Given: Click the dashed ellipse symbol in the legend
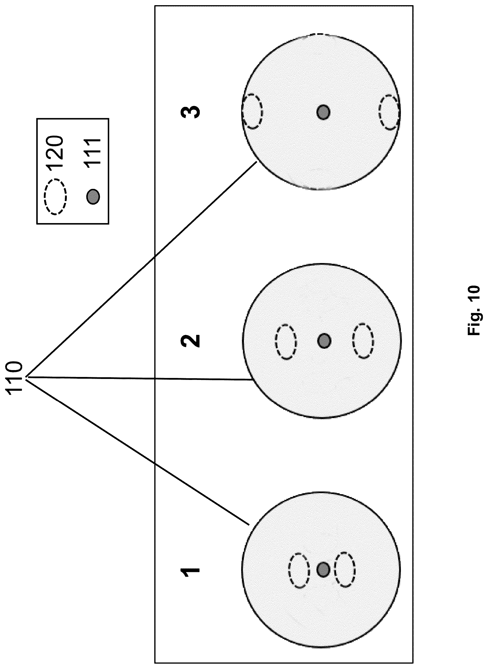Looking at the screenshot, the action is point(55,197).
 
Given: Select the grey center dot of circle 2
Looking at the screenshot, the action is point(324,341).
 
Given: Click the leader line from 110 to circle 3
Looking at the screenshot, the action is point(141,270).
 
